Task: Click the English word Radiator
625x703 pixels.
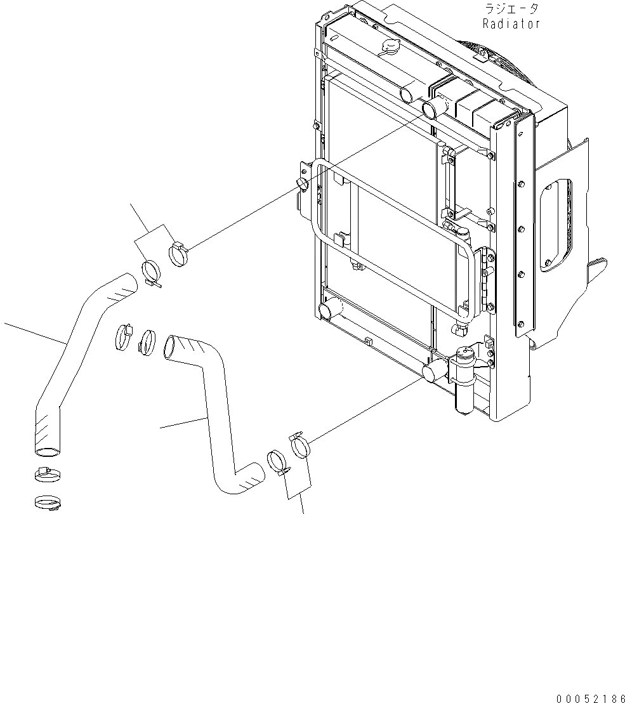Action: point(511,24)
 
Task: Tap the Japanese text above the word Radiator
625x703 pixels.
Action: point(511,9)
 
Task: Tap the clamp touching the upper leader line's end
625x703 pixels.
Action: point(180,254)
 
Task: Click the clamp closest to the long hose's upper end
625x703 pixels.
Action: point(152,273)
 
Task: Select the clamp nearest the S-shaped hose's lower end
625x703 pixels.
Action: point(277,463)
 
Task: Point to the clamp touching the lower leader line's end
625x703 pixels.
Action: point(300,444)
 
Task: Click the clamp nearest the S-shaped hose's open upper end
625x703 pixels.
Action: point(148,342)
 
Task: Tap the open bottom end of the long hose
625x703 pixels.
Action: point(45,451)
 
